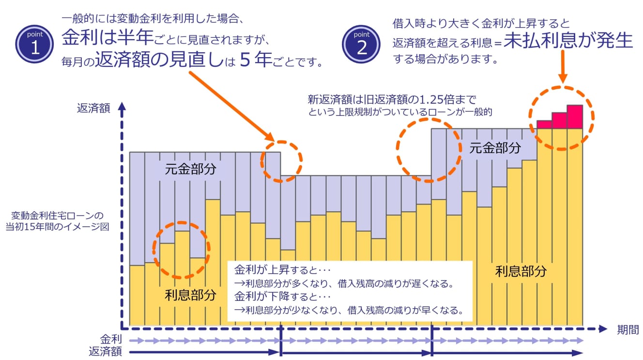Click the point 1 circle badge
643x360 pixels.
click(x=34, y=45)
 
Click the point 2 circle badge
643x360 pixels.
click(x=361, y=45)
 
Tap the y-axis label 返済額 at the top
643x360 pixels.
click(x=93, y=108)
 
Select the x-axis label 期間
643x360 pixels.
click(x=628, y=330)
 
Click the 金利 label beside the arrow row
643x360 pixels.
click(x=111, y=339)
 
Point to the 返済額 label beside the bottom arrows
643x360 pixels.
click(x=105, y=351)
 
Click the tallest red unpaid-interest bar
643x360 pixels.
click(x=575, y=117)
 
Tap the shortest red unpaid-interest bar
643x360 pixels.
click(x=545, y=125)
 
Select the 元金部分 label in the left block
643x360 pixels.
click(x=190, y=169)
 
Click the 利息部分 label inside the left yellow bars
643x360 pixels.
click(x=190, y=295)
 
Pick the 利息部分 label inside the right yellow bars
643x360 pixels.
click(x=521, y=271)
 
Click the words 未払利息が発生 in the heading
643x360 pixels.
click(x=568, y=42)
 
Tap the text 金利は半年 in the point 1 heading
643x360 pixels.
click(x=104, y=37)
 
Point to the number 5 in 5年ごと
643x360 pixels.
click(x=245, y=61)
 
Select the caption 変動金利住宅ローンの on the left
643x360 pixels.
click(x=58, y=215)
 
